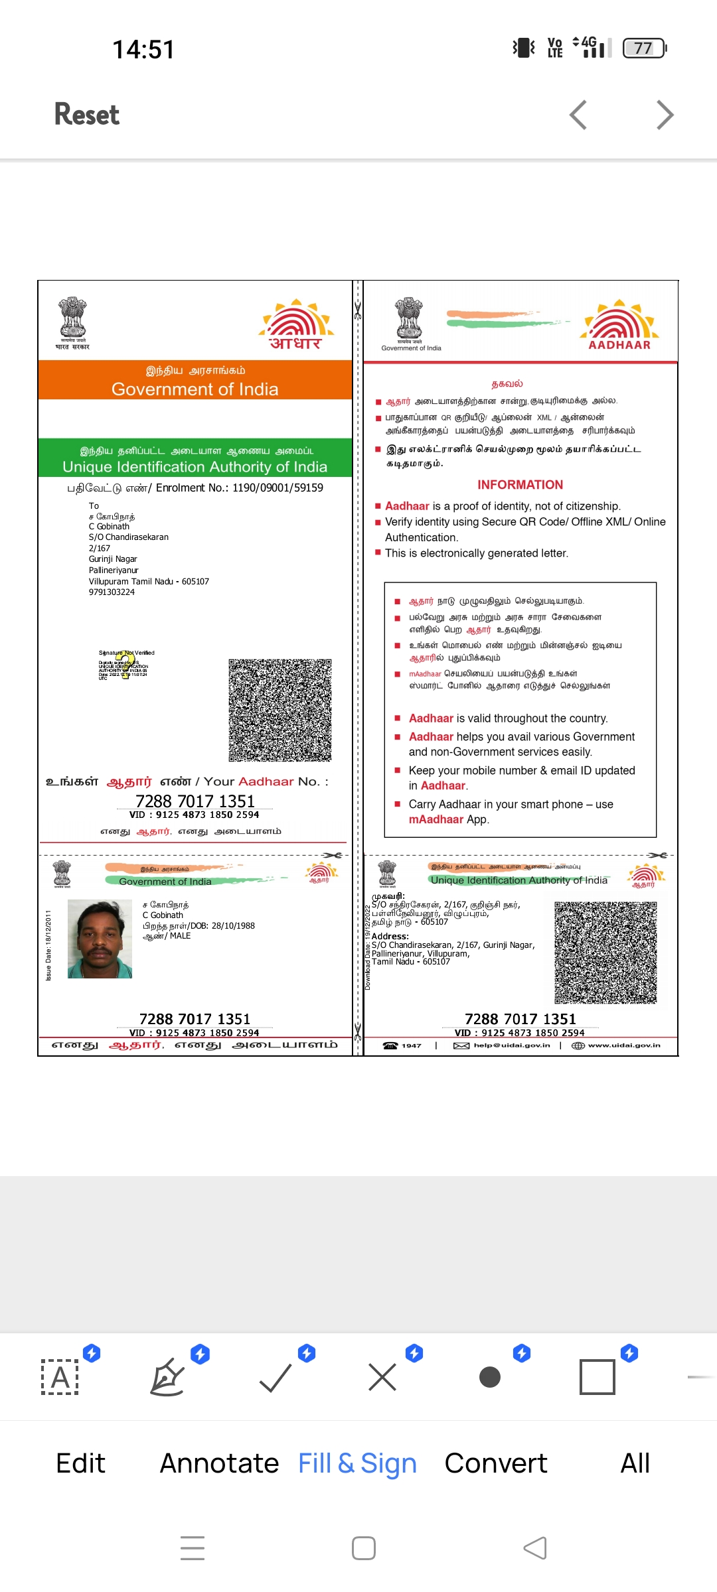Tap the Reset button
(x=87, y=115)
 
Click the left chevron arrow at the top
(x=578, y=115)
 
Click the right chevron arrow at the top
(x=665, y=115)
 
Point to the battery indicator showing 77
(x=644, y=48)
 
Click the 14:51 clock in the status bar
(x=143, y=50)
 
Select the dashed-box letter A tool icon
(x=60, y=1377)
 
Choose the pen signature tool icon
(x=167, y=1377)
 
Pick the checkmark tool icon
(x=276, y=1377)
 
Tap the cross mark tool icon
(x=382, y=1377)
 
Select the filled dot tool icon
(x=490, y=1377)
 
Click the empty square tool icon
(x=597, y=1377)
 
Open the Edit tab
(x=81, y=1463)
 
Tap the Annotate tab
(x=219, y=1463)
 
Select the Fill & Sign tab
(x=357, y=1463)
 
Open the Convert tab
(x=496, y=1463)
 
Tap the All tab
(x=635, y=1463)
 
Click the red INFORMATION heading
(x=520, y=485)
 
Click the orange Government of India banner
(x=195, y=380)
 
